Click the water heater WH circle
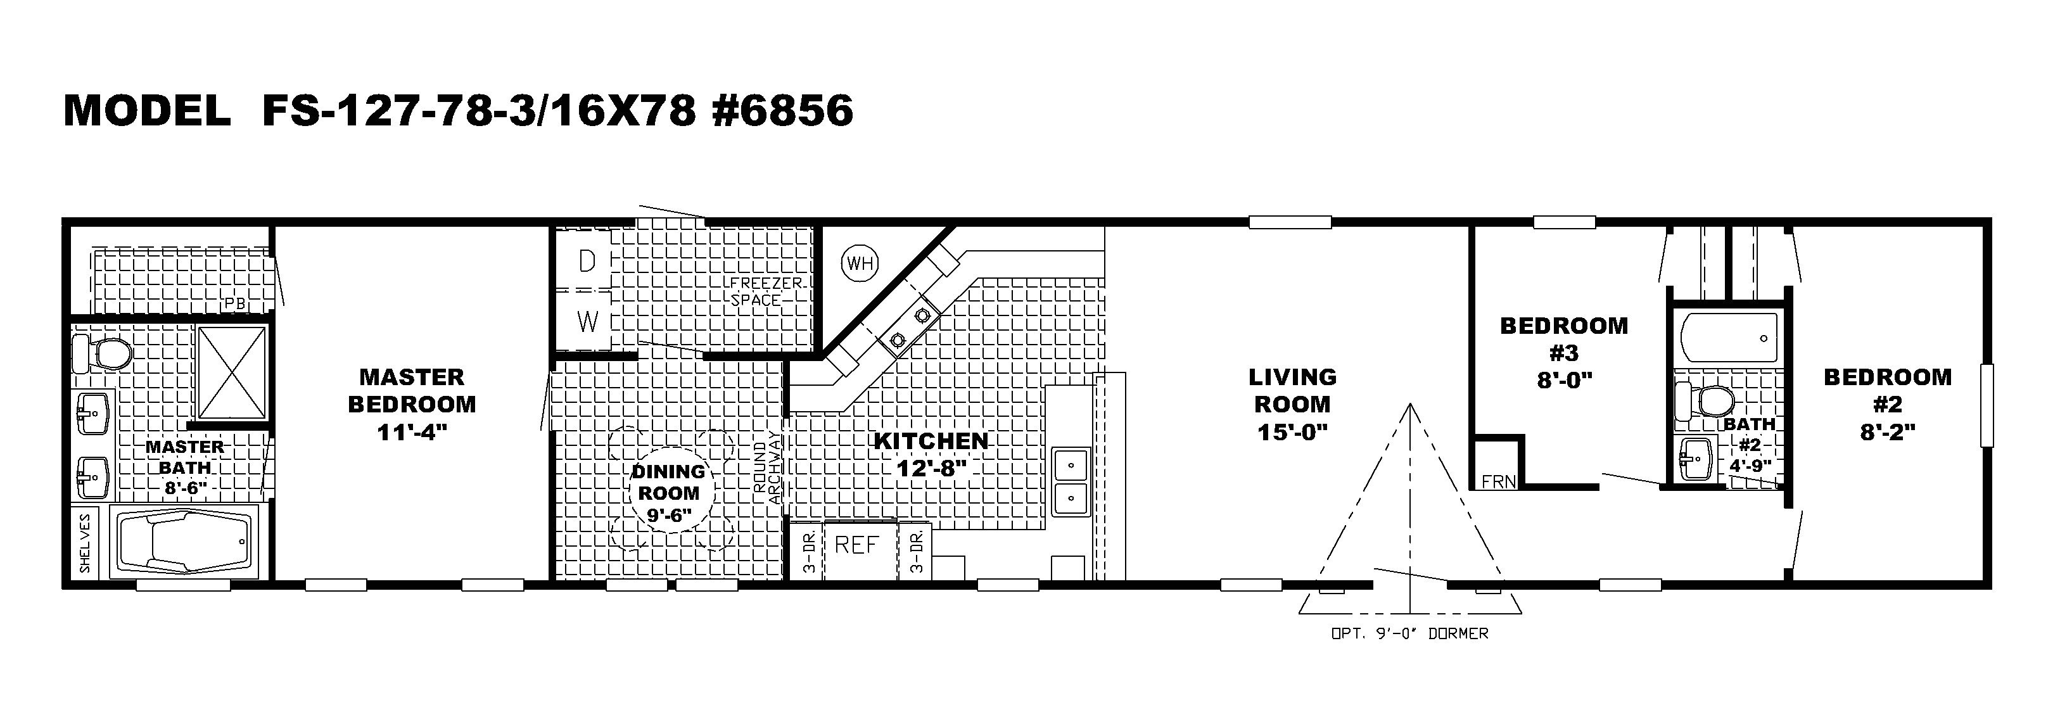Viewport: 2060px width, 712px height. click(x=860, y=262)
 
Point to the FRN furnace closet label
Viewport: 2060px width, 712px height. click(x=1498, y=481)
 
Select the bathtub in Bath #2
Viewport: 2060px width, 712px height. click(x=1729, y=339)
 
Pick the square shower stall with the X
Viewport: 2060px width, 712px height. click(x=232, y=372)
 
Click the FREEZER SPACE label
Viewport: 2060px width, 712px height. click(x=758, y=292)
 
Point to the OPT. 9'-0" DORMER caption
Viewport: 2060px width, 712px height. click(x=1409, y=633)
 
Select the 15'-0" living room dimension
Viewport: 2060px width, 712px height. click(x=1292, y=432)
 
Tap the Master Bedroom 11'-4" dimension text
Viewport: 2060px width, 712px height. click(x=411, y=432)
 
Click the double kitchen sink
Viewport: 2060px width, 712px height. click(x=1069, y=480)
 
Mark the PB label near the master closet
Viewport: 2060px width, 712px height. click(x=235, y=304)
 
